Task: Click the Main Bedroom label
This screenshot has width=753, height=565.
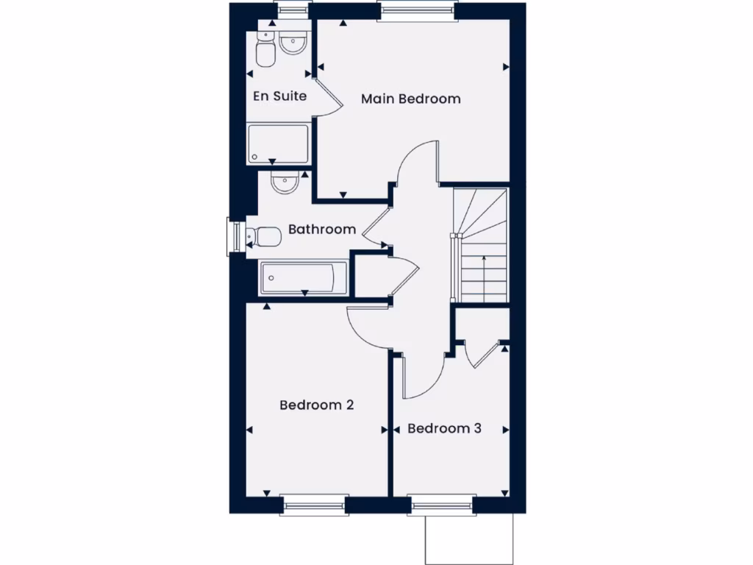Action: [x=410, y=99]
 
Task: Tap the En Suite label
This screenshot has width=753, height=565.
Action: [x=279, y=96]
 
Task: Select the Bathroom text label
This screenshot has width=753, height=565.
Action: [x=322, y=230]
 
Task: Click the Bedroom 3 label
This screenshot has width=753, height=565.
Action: [x=444, y=428]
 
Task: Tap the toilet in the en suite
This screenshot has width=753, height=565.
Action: [x=264, y=51]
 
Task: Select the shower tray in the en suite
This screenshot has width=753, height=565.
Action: [x=278, y=143]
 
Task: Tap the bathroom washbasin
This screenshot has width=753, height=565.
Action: [x=285, y=183]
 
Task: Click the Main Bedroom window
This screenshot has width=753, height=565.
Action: [x=417, y=10]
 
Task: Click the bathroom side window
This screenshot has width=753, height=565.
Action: [x=235, y=237]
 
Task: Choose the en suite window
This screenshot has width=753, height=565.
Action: [x=292, y=11]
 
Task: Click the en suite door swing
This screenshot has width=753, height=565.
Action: [x=329, y=94]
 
